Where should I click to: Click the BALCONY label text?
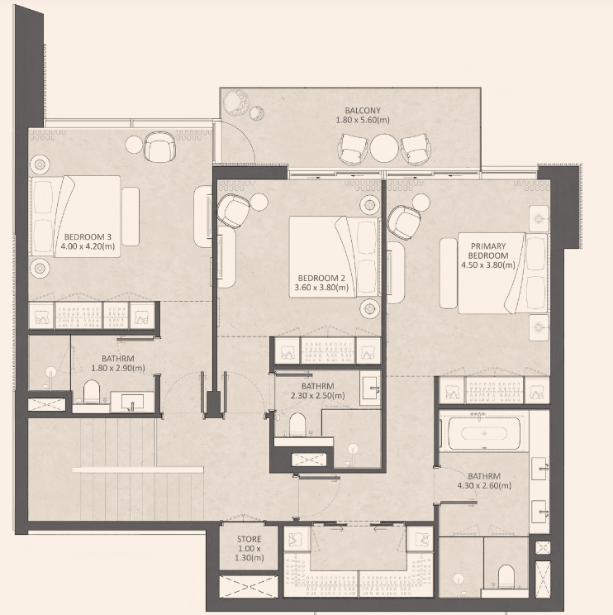[x=363, y=111]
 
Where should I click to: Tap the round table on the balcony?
[x=384, y=148]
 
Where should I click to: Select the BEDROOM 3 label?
[x=88, y=237]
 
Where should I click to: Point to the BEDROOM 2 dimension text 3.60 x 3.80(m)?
[x=321, y=288]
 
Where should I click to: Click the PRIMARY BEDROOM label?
[x=488, y=250]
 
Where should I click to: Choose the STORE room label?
[x=249, y=539]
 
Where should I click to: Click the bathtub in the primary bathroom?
[x=484, y=433]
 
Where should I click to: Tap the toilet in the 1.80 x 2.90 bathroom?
[x=92, y=391]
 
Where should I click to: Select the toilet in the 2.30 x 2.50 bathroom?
[x=297, y=424]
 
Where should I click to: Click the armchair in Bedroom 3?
[x=159, y=146]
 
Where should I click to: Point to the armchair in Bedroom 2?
[x=233, y=211]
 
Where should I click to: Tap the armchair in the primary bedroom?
[x=403, y=222]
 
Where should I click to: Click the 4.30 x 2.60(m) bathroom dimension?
[x=484, y=485]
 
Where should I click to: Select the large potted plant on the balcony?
[x=236, y=103]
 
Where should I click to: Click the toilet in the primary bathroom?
[x=506, y=577]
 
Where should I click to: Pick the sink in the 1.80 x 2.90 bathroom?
[x=132, y=402]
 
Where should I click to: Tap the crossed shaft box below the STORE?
[x=249, y=587]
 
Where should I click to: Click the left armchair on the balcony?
[x=354, y=149]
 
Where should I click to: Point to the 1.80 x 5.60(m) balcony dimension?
[x=363, y=121]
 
